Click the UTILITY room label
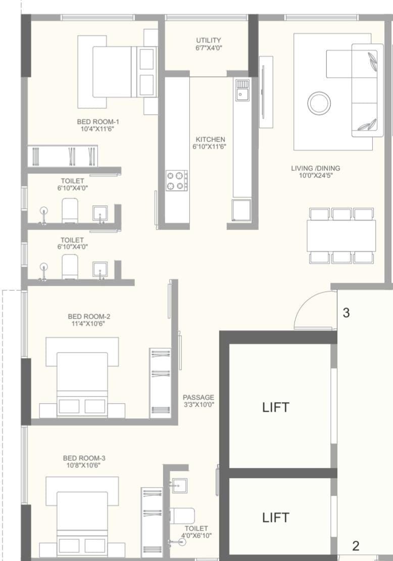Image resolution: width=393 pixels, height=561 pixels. (208, 40)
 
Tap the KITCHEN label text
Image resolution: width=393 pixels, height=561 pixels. (210, 139)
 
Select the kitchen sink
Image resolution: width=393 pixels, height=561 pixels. (242, 91)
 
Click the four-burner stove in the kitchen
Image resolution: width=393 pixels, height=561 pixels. (177, 181)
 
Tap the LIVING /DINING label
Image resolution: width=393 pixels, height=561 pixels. (316, 168)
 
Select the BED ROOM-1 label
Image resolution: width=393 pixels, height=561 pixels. (98, 121)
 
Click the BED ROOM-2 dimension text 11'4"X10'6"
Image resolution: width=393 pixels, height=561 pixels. (88, 324)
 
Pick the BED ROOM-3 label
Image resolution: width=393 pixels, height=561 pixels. (84, 458)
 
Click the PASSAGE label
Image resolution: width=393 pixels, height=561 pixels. (199, 397)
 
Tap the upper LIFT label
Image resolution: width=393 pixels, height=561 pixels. (275, 408)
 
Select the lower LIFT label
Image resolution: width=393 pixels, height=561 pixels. (275, 517)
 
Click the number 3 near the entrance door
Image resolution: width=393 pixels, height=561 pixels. (346, 313)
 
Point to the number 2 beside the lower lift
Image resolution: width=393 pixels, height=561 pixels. (356, 546)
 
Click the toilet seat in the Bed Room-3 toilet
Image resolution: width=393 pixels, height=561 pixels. (182, 515)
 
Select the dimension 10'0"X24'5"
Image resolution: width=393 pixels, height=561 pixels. (316, 176)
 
